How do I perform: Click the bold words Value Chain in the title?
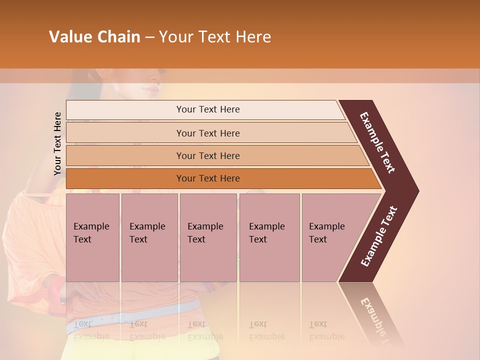click(94, 37)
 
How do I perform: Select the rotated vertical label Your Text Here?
click(57, 143)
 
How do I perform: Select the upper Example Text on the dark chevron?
click(377, 142)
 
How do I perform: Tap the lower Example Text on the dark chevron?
click(378, 236)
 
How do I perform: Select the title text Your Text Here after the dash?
click(215, 37)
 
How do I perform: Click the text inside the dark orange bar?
click(208, 178)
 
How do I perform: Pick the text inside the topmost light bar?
click(208, 109)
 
